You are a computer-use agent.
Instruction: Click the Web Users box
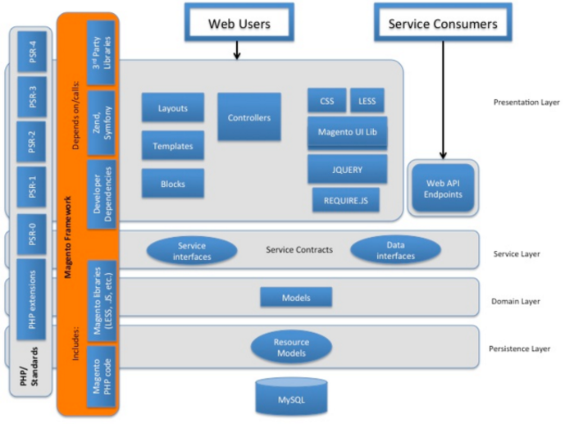(239, 24)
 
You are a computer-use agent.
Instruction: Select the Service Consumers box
(443, 24)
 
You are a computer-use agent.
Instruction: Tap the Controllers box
(248, 117)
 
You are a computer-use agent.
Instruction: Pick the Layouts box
(172, 107)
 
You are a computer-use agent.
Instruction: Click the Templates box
(172, 146)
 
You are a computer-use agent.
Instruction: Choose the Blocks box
(172, 184)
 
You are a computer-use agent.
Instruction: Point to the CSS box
(326, 101)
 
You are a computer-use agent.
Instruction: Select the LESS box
(367, 101)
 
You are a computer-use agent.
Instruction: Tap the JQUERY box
(347, 169)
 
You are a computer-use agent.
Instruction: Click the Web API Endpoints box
(444, 189)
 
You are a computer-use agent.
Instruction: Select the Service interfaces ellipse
(191, 250)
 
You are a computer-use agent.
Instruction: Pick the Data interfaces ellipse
(395, 250)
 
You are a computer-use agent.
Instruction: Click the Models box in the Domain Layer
(295, 297)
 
